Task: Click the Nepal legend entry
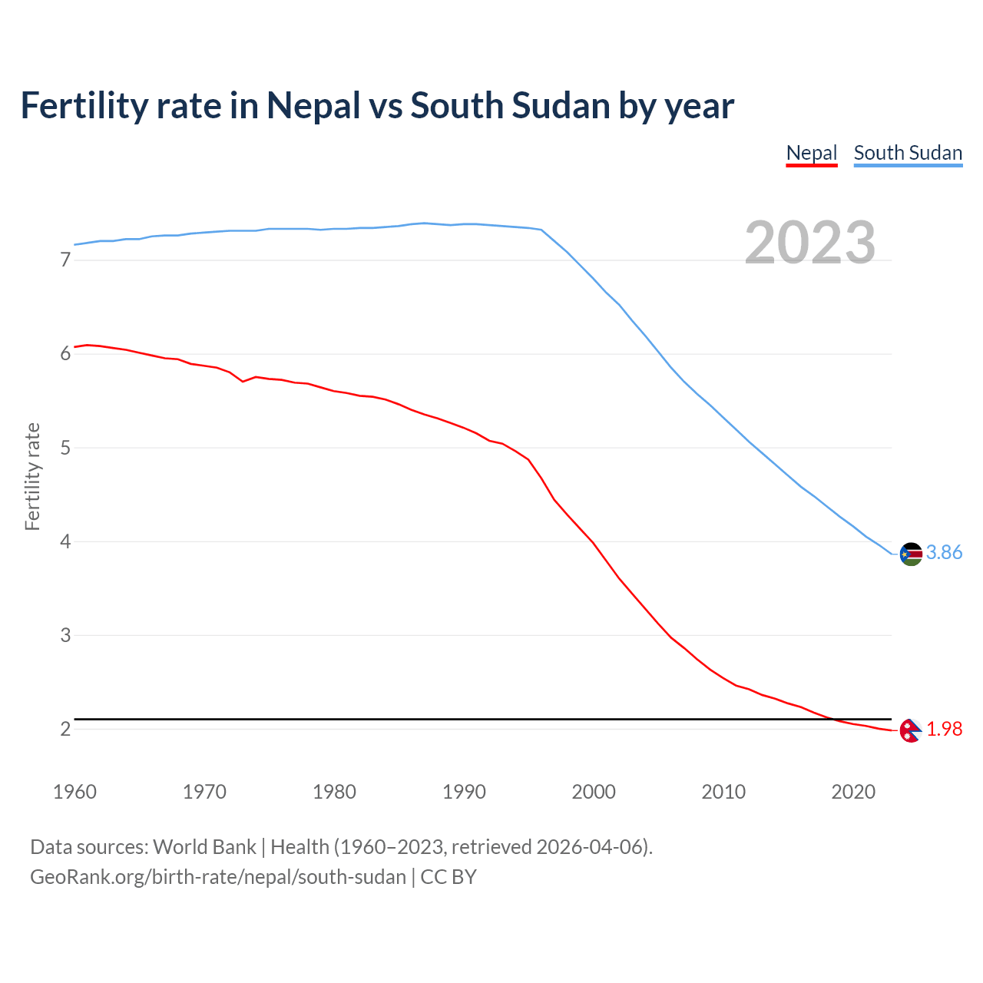click(811, 153)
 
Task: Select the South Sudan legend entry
click(908, 153)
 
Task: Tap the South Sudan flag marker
click(911, 554)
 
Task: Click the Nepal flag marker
click(910, 730)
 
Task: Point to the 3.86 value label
click(944, 553)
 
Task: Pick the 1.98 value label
click(944, 730)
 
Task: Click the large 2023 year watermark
click(809, 243)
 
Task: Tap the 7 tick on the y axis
click(65, 260)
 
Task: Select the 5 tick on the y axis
click(65, 448)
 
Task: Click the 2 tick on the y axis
click(65, 730)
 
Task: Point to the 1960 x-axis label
click(74, 792)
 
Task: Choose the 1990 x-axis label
click(464, 792)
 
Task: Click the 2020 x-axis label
click(853, 792)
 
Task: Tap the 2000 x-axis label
click(594, 792)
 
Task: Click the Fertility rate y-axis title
click(32, 476)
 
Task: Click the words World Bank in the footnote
click(204, 847)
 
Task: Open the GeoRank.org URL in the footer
click(217, 877)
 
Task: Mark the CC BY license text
click(448, 877)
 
